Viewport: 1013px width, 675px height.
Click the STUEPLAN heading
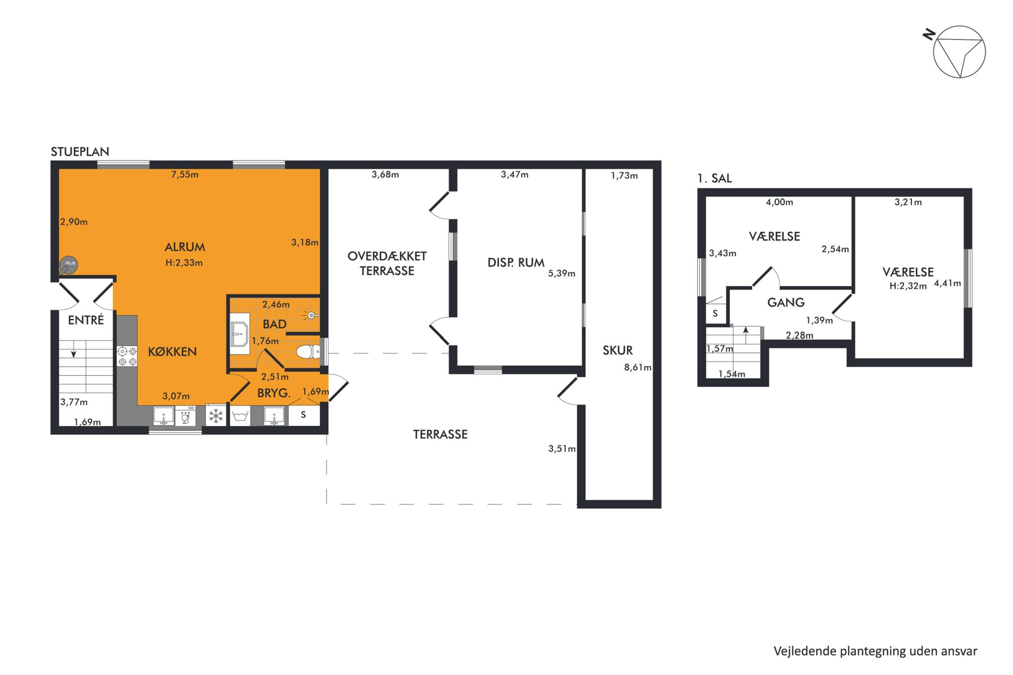(x=80, y=151)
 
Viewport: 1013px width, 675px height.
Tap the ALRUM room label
(x=185, y=247)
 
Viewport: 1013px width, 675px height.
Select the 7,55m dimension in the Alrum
(x=185, y=174)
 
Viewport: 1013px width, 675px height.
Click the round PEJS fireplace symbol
(x=69, y=264)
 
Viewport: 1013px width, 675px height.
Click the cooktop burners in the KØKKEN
(x=127, y=356)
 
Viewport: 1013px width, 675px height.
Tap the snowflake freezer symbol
(x=216, y=416)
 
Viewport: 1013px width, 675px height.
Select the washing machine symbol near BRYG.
(x=241, y=416)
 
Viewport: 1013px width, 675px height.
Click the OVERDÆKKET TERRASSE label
(x=387, y=263)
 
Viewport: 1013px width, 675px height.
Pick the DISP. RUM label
(x=516, y=263)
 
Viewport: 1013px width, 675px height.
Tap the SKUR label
(x=617, y=350)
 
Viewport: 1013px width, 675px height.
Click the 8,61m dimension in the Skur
(x=638, y=367)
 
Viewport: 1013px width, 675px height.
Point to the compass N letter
(x=929, y=35)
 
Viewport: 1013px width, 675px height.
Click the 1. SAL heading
(x=715, y=178)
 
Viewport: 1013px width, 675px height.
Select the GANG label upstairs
(x=786, y=303)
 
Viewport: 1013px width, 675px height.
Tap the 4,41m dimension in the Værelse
(x=948, y=283)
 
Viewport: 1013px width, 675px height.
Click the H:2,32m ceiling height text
(x=908, y=286)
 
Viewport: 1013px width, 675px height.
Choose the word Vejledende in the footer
(x=805, y=651)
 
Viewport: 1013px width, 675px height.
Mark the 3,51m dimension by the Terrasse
(x=562, y=448)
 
